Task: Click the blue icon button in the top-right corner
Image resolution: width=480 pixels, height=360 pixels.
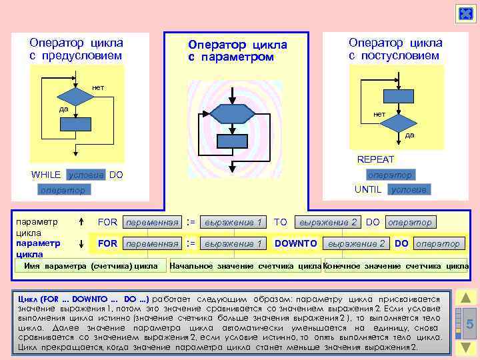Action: tap(465, 14)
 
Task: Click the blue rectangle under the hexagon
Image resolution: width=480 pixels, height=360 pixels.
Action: tap(233, 140)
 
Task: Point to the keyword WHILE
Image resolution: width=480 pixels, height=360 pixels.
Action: tap(46, 175)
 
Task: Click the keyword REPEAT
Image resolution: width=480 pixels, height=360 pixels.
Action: tap(375, 159)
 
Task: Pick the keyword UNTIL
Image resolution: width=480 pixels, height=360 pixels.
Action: tap(369, 189)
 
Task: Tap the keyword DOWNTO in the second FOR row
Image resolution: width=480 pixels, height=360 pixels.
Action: tap(296, 243)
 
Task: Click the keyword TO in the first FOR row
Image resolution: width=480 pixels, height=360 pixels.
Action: tap(281, 221)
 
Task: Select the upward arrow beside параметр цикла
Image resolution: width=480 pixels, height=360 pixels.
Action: tap(81, 222)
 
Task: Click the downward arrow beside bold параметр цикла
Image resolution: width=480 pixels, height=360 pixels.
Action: tap(81, 244)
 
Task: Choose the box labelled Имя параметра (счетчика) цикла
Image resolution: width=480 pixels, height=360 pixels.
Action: tap(91, 267)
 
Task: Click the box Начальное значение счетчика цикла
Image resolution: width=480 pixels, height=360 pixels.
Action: tap(245, 267)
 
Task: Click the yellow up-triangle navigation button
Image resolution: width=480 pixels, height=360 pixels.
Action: tap(466, 298)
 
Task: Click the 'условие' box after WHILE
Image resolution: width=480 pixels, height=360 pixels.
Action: tap(86, 175)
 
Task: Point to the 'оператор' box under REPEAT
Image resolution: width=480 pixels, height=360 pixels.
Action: tap(390, 175)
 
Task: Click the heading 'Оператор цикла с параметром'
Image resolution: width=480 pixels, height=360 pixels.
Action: tap(237, 51)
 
